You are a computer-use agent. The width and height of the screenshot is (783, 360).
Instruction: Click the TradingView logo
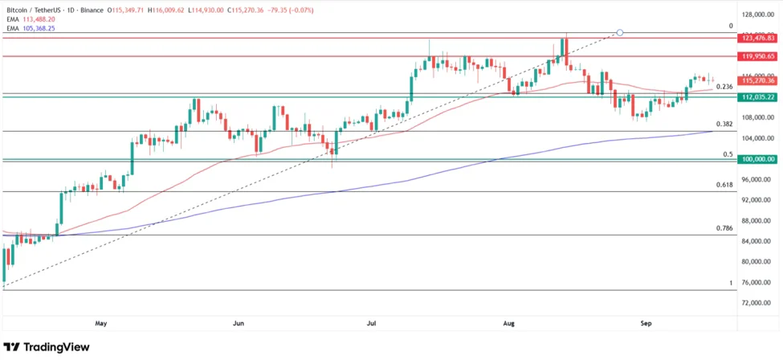coord(46,347)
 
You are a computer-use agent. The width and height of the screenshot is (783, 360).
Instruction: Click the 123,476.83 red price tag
coord(758,38)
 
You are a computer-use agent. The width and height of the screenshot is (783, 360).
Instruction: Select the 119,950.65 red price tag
coord(758,56)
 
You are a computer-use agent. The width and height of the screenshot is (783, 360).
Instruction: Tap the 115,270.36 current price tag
coord(758,80)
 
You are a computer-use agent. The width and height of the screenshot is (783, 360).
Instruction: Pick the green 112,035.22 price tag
coord(758,96)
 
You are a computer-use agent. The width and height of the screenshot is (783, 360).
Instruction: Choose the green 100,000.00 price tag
coord(758,159)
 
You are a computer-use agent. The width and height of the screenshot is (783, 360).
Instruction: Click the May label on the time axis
coord(100,323)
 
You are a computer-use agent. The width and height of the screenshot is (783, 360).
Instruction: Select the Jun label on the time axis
coord(239,323)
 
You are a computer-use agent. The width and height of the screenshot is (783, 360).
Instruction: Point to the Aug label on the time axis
coord(509,323)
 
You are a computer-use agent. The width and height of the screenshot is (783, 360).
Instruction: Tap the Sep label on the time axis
coord(646,323)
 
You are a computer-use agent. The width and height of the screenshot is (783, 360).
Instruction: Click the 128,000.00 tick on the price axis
coord(758,14)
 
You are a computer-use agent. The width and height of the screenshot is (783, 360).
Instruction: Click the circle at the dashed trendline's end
coord(619,33)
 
